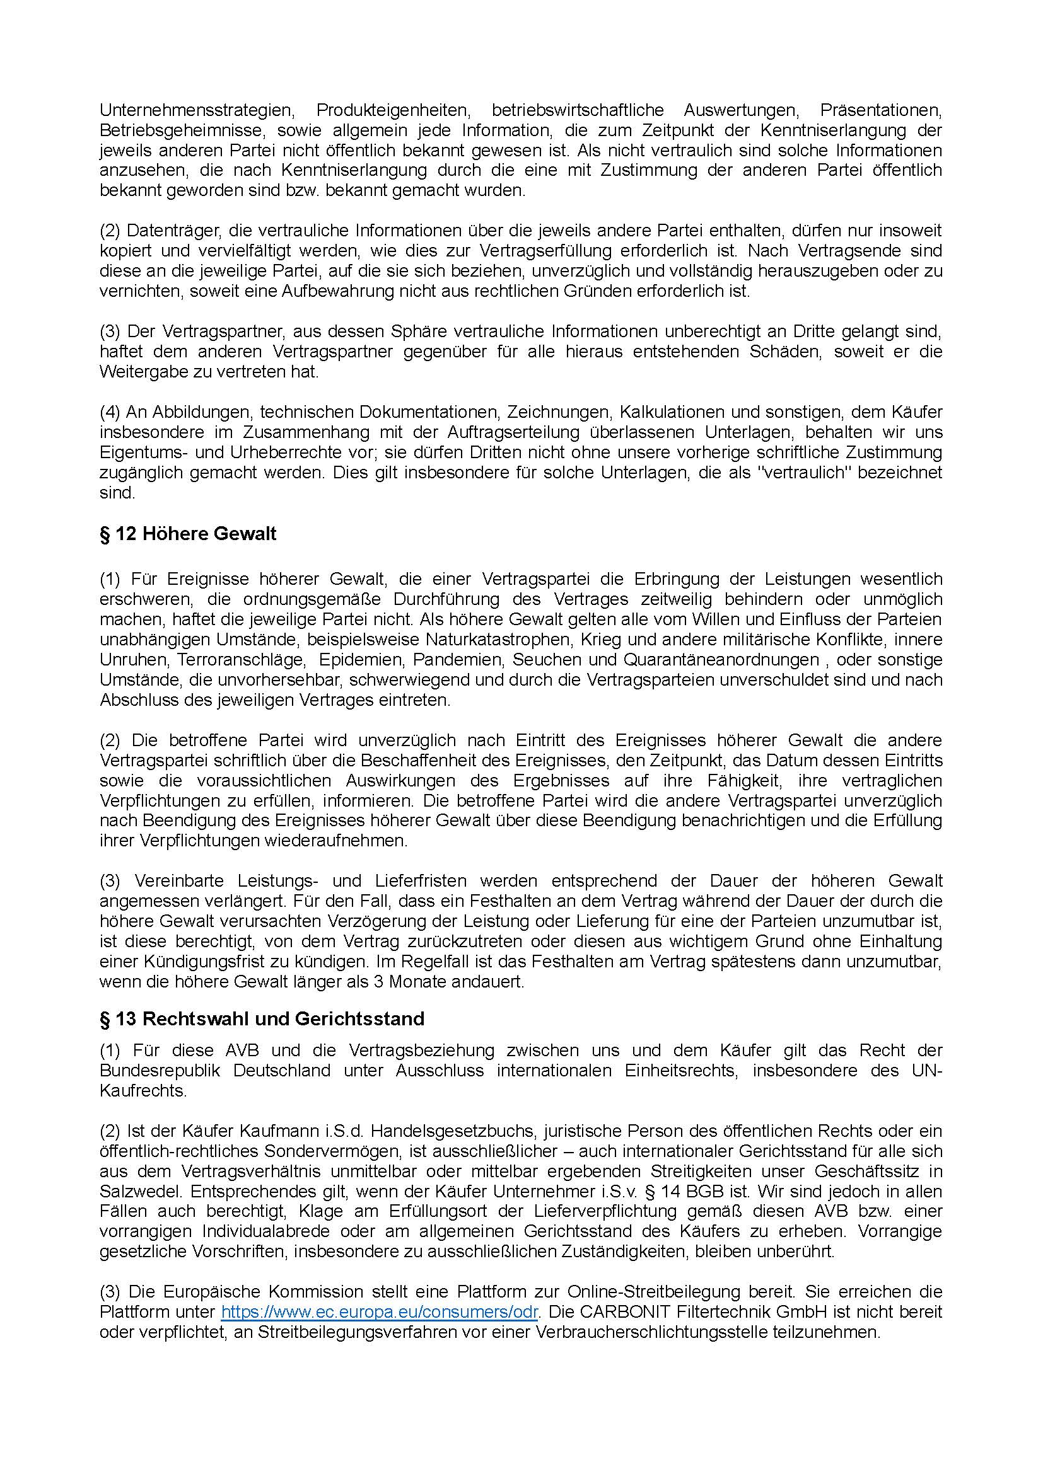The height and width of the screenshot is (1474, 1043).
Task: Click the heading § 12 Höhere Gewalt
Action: tap(188, 534)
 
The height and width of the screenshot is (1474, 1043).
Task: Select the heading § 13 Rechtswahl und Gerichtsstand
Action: tap(262, 1019)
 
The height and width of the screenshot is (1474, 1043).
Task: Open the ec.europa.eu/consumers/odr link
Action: tap(379, 1311)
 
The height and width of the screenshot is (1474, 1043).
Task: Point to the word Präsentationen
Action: tap(880, 110)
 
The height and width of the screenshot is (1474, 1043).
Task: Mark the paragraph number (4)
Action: tap(110, 412)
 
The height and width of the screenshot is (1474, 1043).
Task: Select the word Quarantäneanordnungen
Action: tap(721, 660)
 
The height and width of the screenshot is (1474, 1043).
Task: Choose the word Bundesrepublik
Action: tap(160, 1071)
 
